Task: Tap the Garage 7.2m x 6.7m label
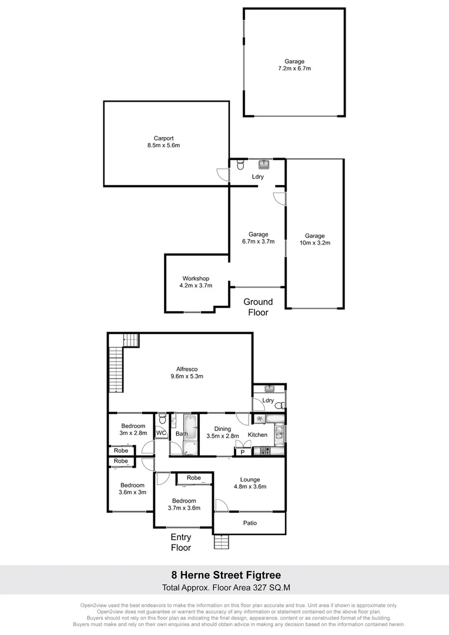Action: [x=294, y=65]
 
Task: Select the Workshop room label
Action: [x=196, y=282]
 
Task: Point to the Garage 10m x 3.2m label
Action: [x=315, y=239]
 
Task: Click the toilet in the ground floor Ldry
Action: [x=240, y=165]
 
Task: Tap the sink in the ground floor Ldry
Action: [x=264, y=163]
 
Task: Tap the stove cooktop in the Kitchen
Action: [x=265, y=451]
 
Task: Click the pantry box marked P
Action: [x=242, y=452]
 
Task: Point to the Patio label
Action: [x=250, y=523]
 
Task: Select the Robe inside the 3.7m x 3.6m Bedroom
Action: [x=194, y=479]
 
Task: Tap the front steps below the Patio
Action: [x=220, y=542]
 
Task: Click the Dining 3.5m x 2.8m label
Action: [x=223, y=433]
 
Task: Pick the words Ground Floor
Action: [x=258, y=307]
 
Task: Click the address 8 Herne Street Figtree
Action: [x=224, y=574]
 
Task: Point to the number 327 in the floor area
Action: [x=254, y=587]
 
